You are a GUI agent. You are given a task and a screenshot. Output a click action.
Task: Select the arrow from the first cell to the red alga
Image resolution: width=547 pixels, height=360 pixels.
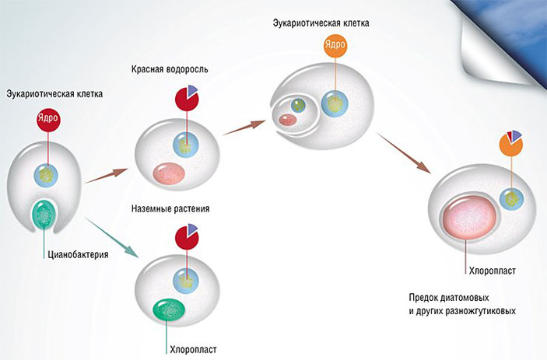(107, 175)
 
